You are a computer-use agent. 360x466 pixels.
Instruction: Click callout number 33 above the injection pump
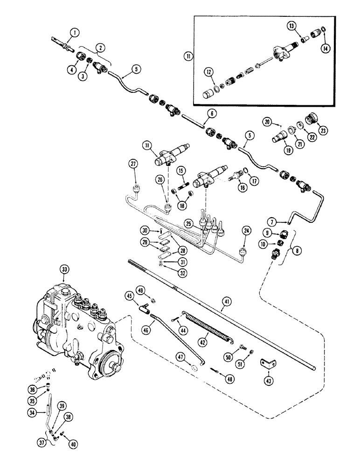pos(64,269)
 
